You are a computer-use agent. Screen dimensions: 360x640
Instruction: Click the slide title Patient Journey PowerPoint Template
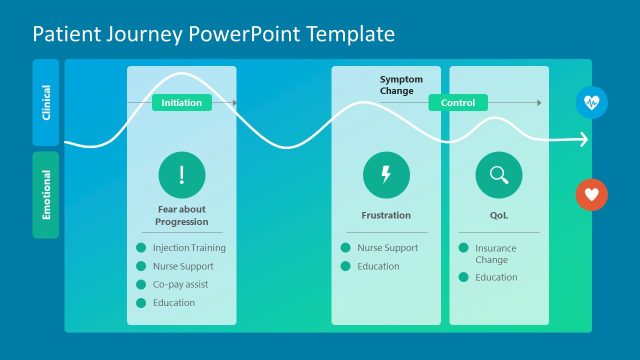tap(213, 34)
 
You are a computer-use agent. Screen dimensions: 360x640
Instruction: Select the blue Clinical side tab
tap(46, 102)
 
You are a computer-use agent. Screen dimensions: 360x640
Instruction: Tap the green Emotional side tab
tap(46, 195)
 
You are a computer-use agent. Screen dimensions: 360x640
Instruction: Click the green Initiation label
tap(181, 103)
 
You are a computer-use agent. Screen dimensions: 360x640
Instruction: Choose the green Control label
tap(458, 103)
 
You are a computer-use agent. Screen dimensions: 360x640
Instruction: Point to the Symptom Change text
tap(401, 85)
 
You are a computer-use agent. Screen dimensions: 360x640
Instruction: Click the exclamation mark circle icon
tap(182, 175)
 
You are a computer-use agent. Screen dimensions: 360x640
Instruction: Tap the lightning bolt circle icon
tap(386, 175)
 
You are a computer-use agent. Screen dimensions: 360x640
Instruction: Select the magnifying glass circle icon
tap(498, 175)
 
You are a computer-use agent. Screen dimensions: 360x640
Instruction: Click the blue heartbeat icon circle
tap(592, 102)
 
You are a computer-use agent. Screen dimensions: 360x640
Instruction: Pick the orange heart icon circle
tap(592, 195)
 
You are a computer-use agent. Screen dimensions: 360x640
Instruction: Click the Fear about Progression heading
tap(182, 215)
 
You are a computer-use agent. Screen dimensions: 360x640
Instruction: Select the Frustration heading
tap(386, 215)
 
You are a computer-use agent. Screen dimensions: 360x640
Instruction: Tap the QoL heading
tap(498, 215)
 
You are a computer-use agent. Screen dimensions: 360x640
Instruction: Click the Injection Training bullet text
tap(189, 248)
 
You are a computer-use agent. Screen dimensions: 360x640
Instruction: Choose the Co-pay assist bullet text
tap(181, 285)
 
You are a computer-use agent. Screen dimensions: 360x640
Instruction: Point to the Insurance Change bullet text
tap(496, 254)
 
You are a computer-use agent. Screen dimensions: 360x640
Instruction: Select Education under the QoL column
tap(496, 278)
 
